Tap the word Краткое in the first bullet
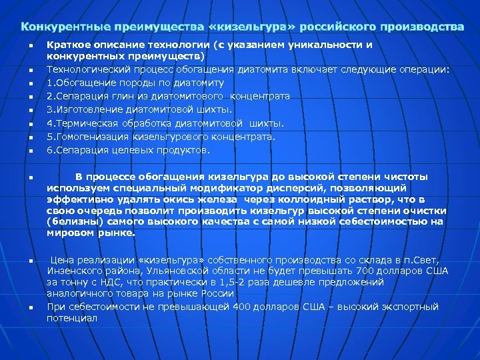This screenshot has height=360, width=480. click(69, 45)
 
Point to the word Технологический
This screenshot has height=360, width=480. click(90, 69)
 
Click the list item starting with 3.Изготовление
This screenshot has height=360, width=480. click(140, 109)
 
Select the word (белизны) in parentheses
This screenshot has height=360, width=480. click(72, 222)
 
